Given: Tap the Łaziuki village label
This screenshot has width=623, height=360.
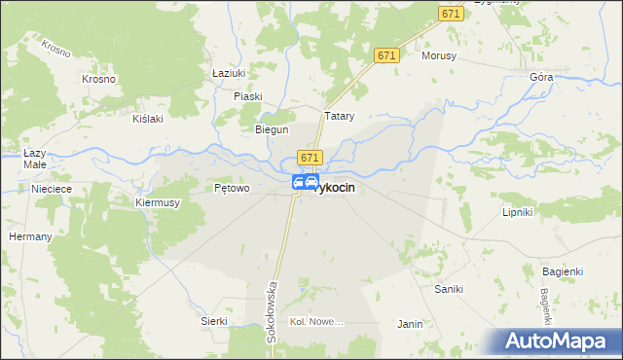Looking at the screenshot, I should coord(228,72).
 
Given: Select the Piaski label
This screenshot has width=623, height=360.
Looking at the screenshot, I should coord(249,95).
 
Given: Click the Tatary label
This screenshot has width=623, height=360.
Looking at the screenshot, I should coord(338,117).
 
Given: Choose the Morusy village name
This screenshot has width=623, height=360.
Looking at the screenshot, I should coord(438,55).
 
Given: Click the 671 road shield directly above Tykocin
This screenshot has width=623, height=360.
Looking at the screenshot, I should coord(310,158).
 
